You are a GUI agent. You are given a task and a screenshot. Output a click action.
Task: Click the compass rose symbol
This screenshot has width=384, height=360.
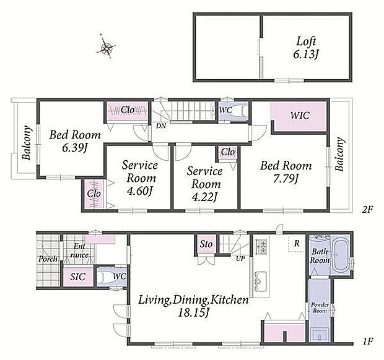point(107,46)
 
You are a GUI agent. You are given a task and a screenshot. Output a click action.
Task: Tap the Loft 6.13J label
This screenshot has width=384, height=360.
point(305,48)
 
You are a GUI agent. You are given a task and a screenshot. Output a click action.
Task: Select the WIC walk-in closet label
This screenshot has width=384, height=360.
point(300,115)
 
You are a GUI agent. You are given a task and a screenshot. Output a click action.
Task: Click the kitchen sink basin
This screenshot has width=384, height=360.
point(261,281)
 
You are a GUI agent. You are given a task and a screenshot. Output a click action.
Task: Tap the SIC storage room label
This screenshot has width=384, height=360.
point(78,277)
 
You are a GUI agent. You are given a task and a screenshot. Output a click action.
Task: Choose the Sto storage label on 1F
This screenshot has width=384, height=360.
point(206,244)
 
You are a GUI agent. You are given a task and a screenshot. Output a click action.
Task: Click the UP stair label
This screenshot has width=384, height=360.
point(240,259)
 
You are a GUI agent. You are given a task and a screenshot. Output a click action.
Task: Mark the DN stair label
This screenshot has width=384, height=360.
point(161,126)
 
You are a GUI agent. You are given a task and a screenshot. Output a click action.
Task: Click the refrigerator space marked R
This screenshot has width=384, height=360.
point(297,243)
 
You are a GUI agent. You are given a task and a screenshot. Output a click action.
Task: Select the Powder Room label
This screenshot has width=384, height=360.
point(320,307)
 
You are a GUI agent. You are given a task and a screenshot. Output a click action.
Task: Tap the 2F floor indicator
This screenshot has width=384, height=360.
point(367,210)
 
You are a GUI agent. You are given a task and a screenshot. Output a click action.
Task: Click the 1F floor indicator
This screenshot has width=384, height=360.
point(367,341)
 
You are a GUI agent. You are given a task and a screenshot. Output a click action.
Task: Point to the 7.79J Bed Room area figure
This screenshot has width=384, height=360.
point(286,180)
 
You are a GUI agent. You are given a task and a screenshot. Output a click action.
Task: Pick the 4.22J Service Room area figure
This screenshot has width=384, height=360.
point(205,197)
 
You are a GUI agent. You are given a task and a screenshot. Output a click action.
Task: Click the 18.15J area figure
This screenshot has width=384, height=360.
point(193,313)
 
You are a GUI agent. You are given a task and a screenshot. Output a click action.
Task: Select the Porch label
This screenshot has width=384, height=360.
point(48,259)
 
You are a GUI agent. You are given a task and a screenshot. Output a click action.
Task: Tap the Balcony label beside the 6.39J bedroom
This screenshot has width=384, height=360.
point(27,143)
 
